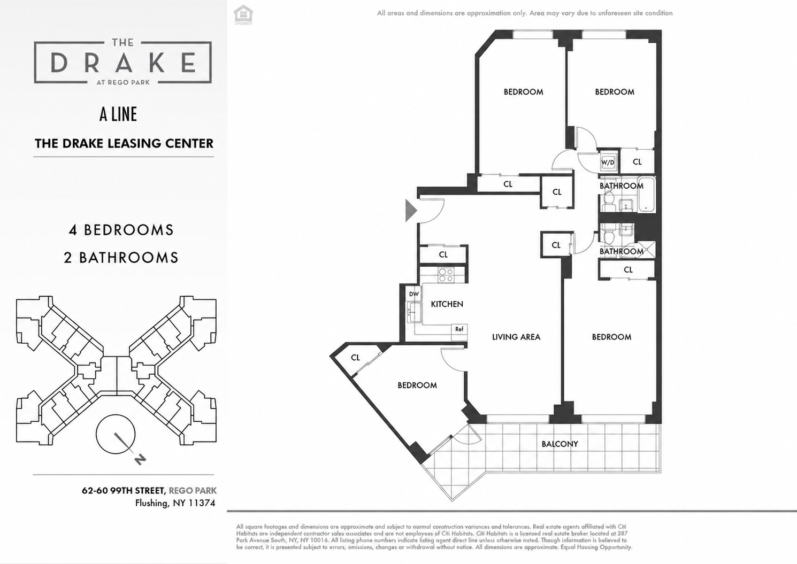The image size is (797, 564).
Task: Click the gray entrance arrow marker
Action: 411,211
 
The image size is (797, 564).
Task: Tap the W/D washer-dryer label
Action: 608,163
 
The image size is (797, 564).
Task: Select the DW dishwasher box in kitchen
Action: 414,294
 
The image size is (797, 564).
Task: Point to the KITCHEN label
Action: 447,304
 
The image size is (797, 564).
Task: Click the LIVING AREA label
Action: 516,337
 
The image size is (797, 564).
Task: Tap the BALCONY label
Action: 560,444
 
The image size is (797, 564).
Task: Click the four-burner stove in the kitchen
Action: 446,275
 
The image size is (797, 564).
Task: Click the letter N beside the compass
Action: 140,460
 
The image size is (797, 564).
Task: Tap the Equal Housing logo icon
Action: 243,15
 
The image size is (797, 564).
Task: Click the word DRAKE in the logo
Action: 123,63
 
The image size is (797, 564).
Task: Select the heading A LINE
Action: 118,114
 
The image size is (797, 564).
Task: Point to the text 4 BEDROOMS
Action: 121,230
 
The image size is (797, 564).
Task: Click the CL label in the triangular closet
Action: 356,358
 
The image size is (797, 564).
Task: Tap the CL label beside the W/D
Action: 637,162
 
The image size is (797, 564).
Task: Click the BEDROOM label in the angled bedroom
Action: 417,385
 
